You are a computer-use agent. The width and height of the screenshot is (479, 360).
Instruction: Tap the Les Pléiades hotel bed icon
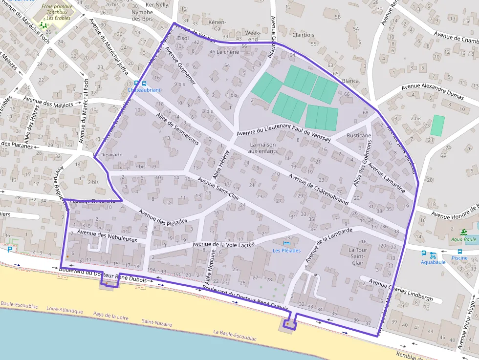pyautogui.click(x=287, y=243)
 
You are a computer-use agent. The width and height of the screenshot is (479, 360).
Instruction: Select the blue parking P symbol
pyautogui.click(x=10, y=250)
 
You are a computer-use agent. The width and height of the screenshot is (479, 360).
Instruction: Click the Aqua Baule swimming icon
pyautogui.click(x=463, y=232)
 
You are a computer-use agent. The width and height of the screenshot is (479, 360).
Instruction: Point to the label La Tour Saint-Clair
pyautogui.click(x=357, y=256)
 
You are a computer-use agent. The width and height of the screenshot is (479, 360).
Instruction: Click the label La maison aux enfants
pyautogui.click(x=262, y=148)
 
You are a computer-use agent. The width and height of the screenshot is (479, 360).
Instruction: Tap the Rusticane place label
pyautogui.click(x=359, y=135)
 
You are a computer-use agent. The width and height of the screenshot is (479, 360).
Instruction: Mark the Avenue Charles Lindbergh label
pyautogui.click(x=401, y=290)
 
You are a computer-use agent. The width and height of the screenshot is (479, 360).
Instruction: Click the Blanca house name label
pyautogui.click(x=350, y=81)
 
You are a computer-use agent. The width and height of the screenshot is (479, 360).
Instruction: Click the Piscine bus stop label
pyautogui.click(x=459, y=258)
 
